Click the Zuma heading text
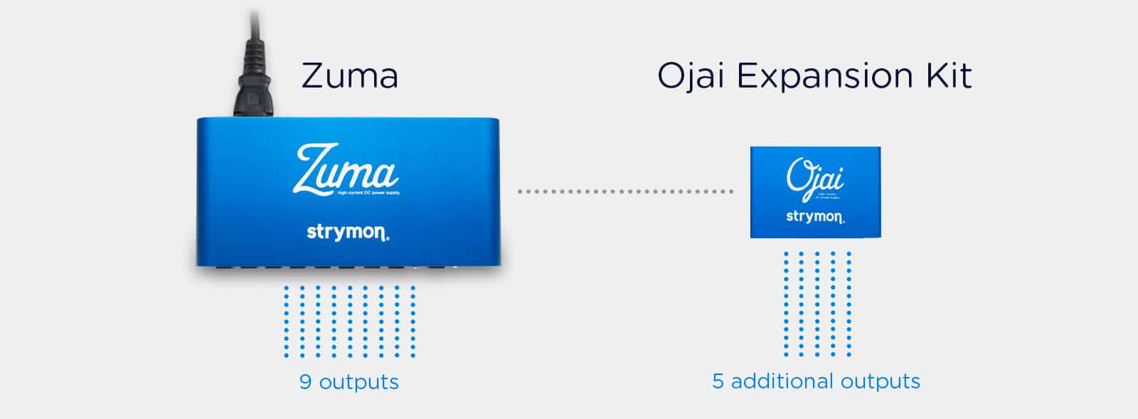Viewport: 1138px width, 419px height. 349,76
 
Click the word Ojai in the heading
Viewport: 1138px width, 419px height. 689,76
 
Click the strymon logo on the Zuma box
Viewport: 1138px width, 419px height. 348,232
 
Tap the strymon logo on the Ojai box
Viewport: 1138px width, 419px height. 815,216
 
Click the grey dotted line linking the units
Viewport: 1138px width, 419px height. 625,191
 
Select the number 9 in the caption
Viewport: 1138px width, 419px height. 305,382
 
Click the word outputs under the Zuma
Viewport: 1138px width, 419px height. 358,382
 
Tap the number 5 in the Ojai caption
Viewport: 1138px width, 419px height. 718,381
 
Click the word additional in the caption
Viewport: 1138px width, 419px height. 781,381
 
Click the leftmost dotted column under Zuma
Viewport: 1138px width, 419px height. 287,322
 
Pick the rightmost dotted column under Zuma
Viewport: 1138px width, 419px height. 413,322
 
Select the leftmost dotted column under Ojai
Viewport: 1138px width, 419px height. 786,304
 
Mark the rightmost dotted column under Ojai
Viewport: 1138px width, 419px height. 849,304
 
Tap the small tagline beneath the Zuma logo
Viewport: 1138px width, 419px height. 368,193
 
